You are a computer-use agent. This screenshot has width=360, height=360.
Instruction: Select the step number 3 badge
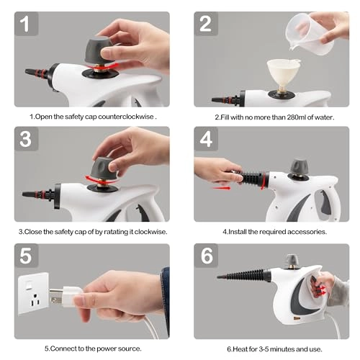click(x=26, y=139)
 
